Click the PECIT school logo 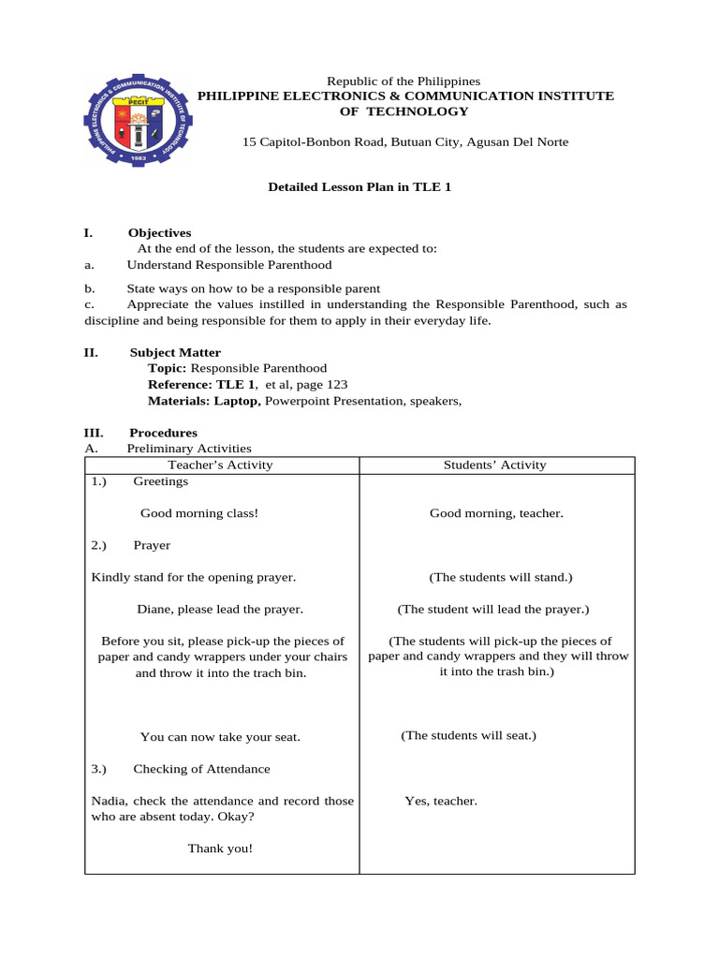pyautogui.click(x=139, y=120)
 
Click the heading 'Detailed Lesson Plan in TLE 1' pyautogui.click(x=359, y=187)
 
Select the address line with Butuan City pyautogui.click(x=404, y=141)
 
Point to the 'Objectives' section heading pyautogui.click(x=159, y=232)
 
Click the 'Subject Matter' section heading pyautogui.click(x=175, y=352)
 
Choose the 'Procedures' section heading pyautogui.click(x=163, y=433)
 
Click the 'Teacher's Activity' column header pyautogui.click(x=220, y=465)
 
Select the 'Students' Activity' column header pyautogui.click(x=496, y=465)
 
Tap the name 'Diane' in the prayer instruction pyautogui.click(x=154, y=609)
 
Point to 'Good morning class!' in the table pyautogui.click(x=199, y=513)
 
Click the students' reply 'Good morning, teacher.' pyautogui.click(x=496, y=513)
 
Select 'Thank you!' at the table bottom pyautogui.click(x=220, y=848)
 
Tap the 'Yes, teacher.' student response pyautogui.click(x=441, y=801)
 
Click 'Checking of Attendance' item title pyautogui.click(x=201, y=769)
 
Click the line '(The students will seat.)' pyautogui.click(x=468, y=735)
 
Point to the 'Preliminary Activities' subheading pyautogui.click(x=189, y=449)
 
